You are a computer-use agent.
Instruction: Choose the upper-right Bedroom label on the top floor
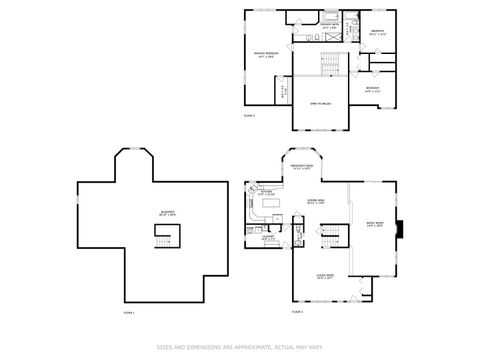pos(377,31)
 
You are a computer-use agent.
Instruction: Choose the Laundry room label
pos(269,239)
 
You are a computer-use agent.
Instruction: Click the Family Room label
pos(375,224)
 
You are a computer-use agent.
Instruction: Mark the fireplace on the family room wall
pos(400,229)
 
